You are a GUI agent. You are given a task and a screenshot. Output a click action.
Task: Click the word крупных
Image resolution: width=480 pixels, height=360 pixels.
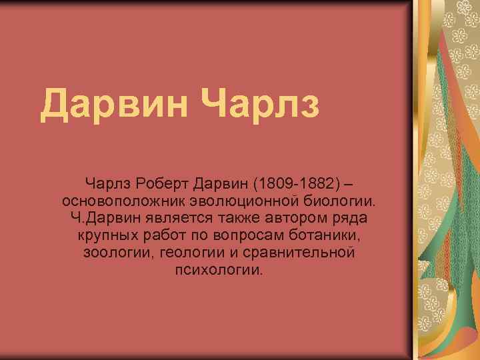tap(107, 236)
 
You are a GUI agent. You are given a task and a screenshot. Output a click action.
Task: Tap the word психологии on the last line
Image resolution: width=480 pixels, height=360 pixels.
tap(219, 271)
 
